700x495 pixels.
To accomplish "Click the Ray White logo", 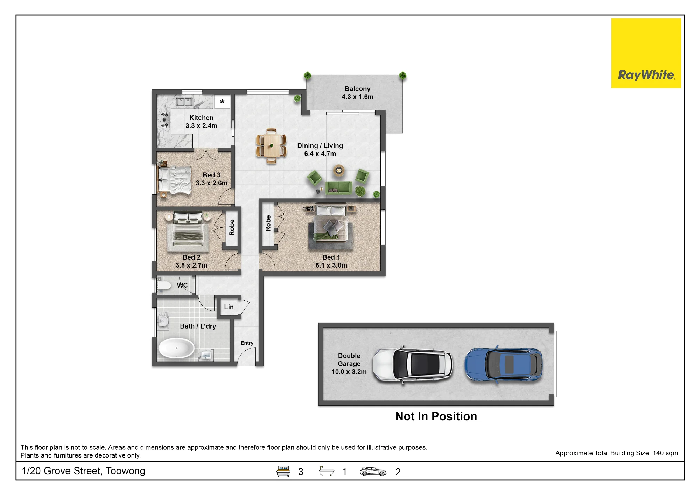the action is tap(646, 53).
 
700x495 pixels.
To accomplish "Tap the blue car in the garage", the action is tap(504, 365).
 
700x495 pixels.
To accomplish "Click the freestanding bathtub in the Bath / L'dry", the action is tap(176, 348).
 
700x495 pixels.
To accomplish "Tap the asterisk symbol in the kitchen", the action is tap(222, 102).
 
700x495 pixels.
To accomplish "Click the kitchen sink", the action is tap(185, 102).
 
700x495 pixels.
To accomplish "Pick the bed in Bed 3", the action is tap(175, 180).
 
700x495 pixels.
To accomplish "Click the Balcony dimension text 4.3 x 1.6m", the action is tap(357, 97).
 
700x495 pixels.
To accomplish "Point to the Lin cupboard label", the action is tap(229, 307).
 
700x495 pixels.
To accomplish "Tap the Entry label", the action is tap(247, 343).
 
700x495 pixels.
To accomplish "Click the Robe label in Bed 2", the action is tap(232, 227).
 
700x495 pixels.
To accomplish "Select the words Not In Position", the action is tap(436, 416).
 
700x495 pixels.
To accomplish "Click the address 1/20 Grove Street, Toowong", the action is tap(83, 471).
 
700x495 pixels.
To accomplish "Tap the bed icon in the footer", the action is tap(283, 471).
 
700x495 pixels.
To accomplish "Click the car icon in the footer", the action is tap(373, 472).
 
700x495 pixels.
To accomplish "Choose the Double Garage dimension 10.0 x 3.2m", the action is tap(349, 372).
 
